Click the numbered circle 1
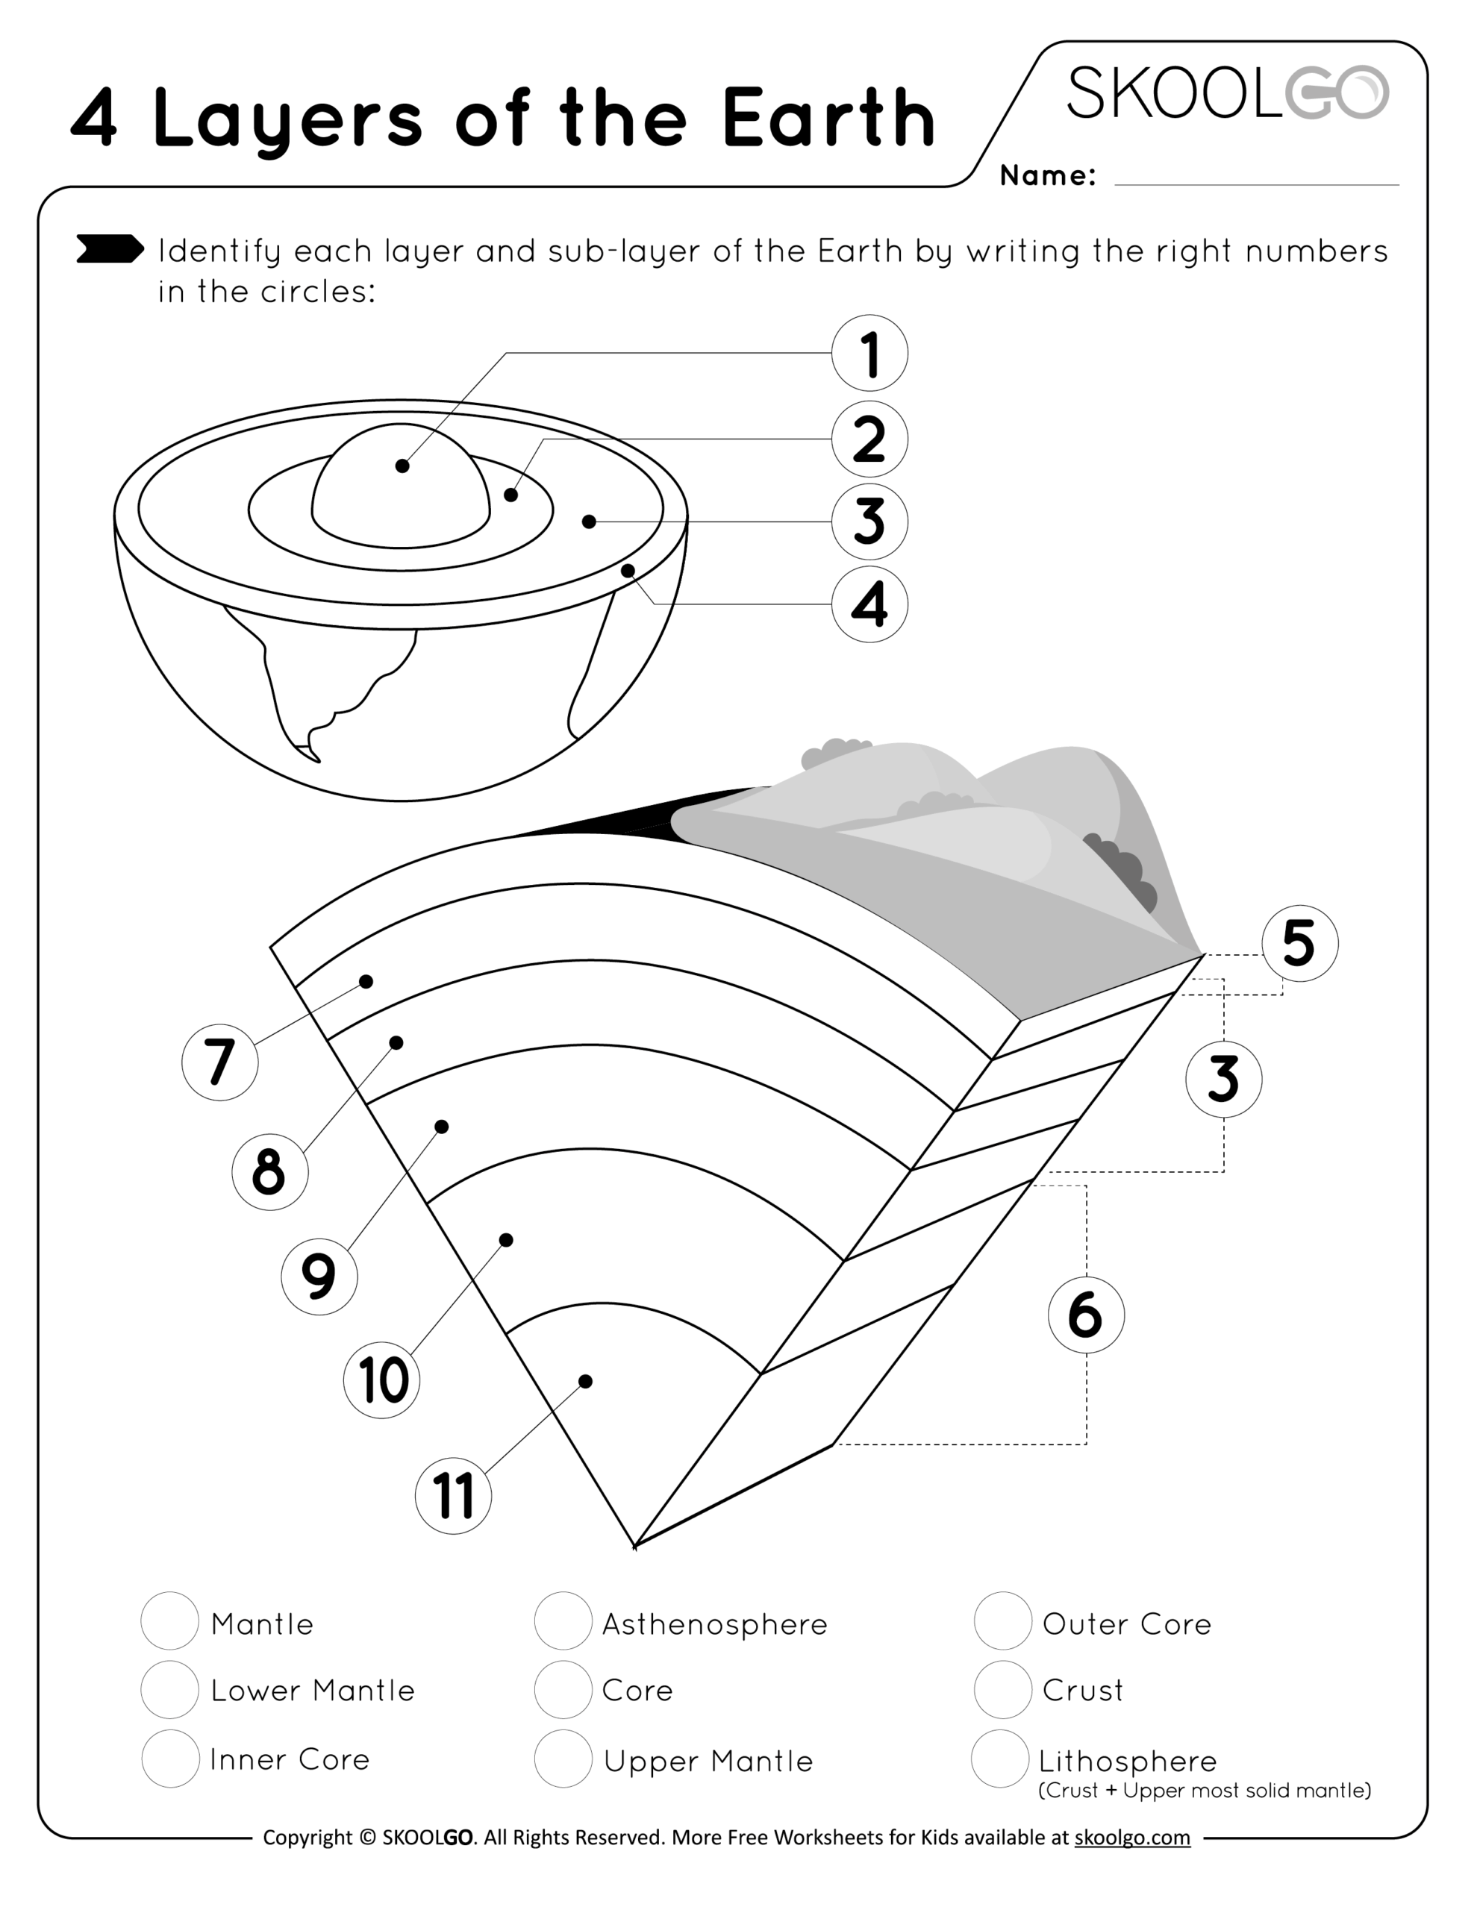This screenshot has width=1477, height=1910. tap(869, 354)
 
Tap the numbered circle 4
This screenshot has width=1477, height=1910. tap(869, 604)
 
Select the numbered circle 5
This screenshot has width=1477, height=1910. tap(1299, 943)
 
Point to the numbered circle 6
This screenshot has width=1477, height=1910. tap(1086, 1315)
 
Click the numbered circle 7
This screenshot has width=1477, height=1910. tap(219, 1062)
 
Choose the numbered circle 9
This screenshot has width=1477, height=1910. tap(319, 1276)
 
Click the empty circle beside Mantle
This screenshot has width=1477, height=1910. tap(169, 1621)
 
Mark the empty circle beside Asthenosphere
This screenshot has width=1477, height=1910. tap(563, 1621)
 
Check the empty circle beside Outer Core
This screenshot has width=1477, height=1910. tap(1003, 1621)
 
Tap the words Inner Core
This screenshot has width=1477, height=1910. tap(290, 1759)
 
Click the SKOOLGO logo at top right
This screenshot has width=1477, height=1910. tap(1227, 93)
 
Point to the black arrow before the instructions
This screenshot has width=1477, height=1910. tap(110, 249)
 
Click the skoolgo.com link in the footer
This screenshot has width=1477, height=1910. tap(1131, 1838)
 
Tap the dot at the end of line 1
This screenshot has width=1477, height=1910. tap(402, 466)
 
